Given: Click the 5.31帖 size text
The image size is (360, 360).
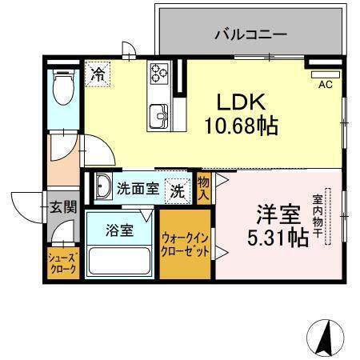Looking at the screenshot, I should coord(277,238).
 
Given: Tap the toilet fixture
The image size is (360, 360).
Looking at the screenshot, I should coord(62,87).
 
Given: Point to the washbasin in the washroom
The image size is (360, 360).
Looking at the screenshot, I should coord(102,189).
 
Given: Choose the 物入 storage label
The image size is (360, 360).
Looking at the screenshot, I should coord(203,189).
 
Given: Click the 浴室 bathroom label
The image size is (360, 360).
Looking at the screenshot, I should coord(121,230).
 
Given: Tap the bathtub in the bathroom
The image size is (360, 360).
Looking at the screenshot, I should coord(120,260).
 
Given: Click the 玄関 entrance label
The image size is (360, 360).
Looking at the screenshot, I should coord(63,207).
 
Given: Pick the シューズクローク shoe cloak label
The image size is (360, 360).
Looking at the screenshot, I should coord(62,263).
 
